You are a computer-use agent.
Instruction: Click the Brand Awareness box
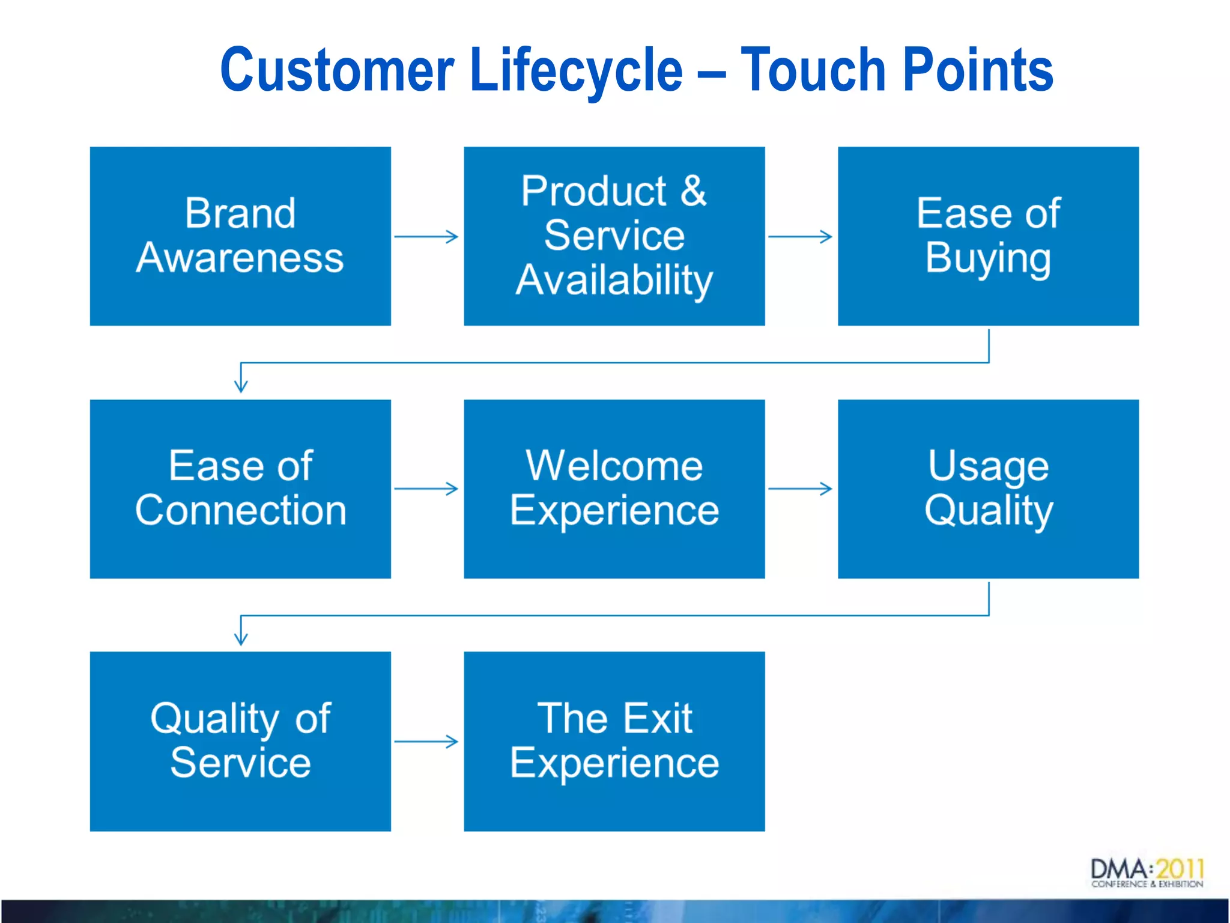point(240,236)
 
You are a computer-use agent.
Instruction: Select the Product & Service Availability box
point(614,236)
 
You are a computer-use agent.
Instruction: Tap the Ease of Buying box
point(988,236)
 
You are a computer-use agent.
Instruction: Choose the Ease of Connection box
point(240,489)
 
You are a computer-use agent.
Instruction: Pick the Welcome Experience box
point(614,489)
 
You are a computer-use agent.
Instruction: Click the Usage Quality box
point(988,489)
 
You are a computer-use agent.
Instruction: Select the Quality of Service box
point(240,741)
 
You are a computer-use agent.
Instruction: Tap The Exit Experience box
point(614,741)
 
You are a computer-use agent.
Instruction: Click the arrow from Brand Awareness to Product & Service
point(426,236)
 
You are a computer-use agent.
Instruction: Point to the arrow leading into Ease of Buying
point(800,236)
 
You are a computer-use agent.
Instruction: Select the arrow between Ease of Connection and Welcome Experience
point(426,489)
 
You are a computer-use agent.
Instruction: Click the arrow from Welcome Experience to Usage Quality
point(800,489)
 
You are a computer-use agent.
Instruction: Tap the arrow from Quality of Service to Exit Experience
point(426,741)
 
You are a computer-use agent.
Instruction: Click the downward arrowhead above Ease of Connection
point(241,385)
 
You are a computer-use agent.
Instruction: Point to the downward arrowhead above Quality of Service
point(241,637)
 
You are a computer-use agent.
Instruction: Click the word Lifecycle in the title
point(577,70)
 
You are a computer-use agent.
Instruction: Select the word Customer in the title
point(337,70)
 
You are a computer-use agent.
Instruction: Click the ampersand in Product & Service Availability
point(694,191)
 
